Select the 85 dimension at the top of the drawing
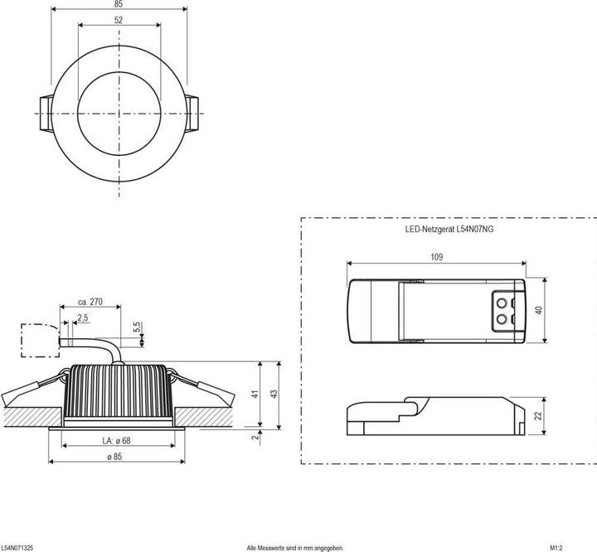(x=119, y=4)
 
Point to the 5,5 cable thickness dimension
(x=138, y=328)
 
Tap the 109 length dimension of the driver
(x=436, y=257)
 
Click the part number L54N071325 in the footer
(x=17, y=548)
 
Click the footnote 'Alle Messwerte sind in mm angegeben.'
(x=294, y=548)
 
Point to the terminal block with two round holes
(x=507, y=309)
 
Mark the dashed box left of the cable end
(x=35, y=339)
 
